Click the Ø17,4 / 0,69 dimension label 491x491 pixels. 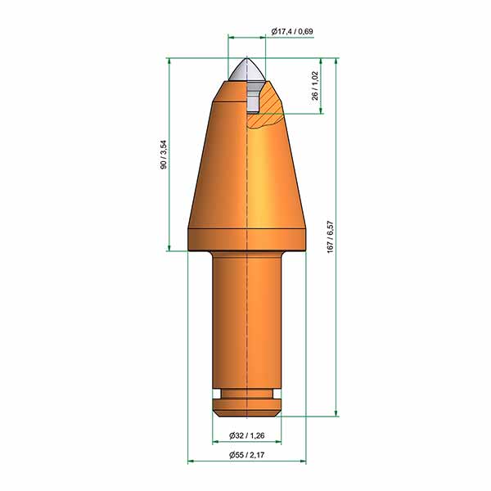pos(292,31)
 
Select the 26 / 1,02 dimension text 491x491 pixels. pos(315,85)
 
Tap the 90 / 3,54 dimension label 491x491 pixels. pos(164,155)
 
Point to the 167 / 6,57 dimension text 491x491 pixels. pos(331,237)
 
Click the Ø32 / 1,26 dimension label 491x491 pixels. pos(247,435)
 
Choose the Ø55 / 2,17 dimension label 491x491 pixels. pos(247,455)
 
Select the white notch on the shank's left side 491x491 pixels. pos(216,394)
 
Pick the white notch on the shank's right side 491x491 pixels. pos(277,394)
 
